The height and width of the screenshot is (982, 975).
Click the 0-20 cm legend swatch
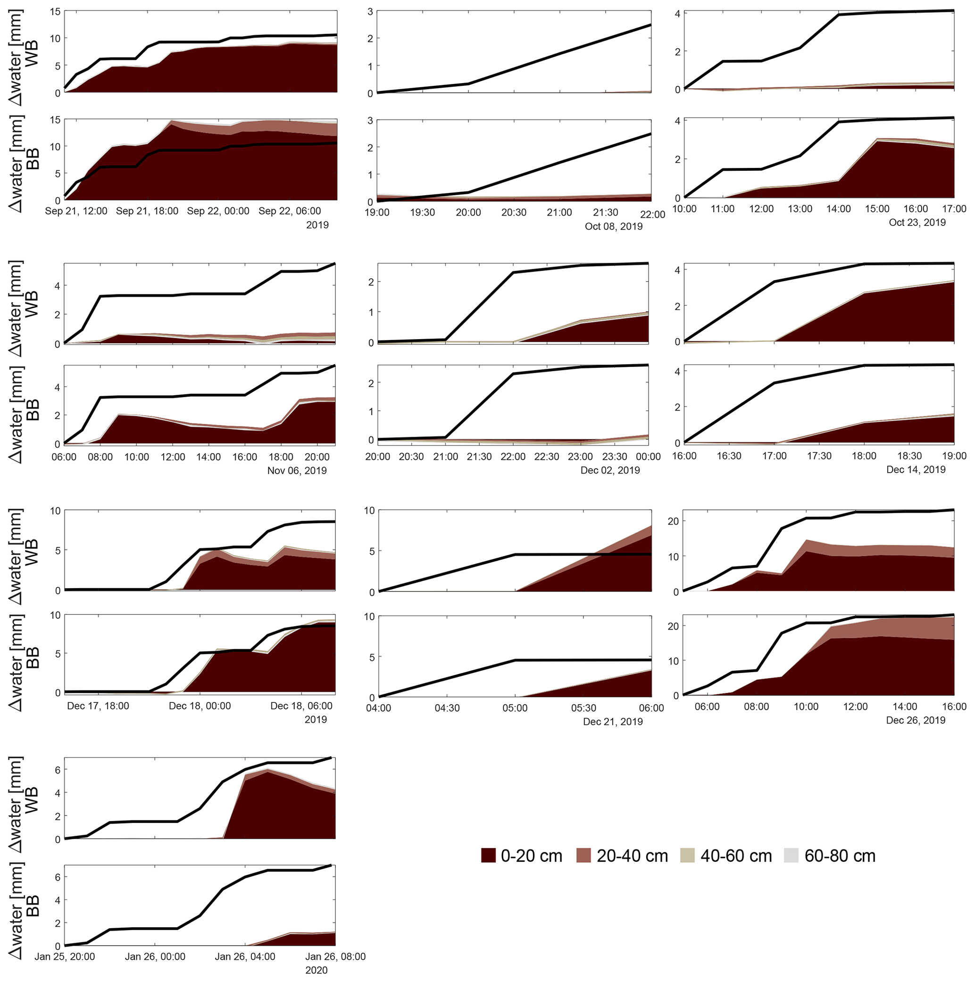[x=489, y=856]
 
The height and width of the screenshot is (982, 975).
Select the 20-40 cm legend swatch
[x=584, y=856]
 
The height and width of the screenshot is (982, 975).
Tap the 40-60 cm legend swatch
[x=688, y=856]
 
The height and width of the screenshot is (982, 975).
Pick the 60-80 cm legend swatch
[x=792, y=856]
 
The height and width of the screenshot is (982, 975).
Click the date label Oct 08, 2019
[x=614, y=226]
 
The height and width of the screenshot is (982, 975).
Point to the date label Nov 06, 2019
[x=297, y=470]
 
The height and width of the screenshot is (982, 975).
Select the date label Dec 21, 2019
[x=613, y=721]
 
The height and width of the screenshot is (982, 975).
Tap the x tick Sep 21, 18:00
[x=147, y=211]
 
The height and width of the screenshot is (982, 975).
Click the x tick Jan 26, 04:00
[x=245, y=956]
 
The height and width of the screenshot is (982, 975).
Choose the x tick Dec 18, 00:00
[x=200, y=706]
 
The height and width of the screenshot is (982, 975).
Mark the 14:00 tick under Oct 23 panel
[x=838, y=209]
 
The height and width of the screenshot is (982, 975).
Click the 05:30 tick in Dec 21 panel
[x=583, y=707]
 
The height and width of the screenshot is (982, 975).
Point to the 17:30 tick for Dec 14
[x=819, y=456]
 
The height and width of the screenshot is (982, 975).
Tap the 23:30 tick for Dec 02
[x=615, y=457]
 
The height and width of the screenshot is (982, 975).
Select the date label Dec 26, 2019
[x=916, y=720]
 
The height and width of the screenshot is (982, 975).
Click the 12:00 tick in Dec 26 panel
[x=856, y=706]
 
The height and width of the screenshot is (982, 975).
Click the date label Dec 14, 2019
[x=916, y=469]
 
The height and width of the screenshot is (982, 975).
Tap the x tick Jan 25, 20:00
[x=65, y=956]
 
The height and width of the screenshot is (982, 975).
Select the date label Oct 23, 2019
[x=917, y=222]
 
